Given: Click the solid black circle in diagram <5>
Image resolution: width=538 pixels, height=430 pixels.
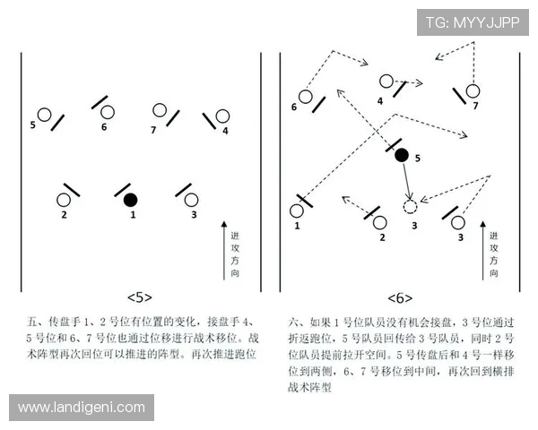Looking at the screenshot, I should pyautogui.click(x=131, y=199).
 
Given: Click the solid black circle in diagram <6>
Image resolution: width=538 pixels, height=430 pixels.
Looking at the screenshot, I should pyautogui.click(x=402, y=155).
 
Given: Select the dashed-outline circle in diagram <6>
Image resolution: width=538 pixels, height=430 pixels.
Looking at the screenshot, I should pyautogui.click(x=411, y=207).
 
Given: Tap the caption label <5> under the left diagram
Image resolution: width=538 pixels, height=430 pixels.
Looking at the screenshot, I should pyautogui.click(x=141, y=297).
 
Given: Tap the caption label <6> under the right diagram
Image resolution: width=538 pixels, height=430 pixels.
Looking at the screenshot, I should pyautogui.click(x=400, y=297).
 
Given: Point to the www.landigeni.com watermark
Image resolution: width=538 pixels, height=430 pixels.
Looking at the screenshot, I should pyautogui.click(x=82, y=408).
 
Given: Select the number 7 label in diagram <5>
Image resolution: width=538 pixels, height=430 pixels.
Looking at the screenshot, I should pyautogui.click(x=153, y=129).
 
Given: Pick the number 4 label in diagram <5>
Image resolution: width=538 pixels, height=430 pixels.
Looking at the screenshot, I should pyautogui.click(x=225, y=131).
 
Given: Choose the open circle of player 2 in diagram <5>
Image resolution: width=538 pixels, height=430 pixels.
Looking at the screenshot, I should pyautogui.click(x=65, y=200).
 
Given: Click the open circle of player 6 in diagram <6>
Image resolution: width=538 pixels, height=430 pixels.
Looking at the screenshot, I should pyautogui.click(x=306, y=97).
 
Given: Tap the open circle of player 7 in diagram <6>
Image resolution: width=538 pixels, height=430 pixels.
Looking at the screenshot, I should pyautogui.click(x=473, y=90).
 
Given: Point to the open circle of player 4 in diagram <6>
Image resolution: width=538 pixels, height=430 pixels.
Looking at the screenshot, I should pyautogui.click(x=386, y=82).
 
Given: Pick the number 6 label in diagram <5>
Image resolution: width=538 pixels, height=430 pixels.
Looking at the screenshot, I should pyautogui.click(x=104, y=127).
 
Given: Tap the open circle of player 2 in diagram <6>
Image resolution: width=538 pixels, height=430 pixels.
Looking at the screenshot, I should pyautogui.click(x=380, y=221).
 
